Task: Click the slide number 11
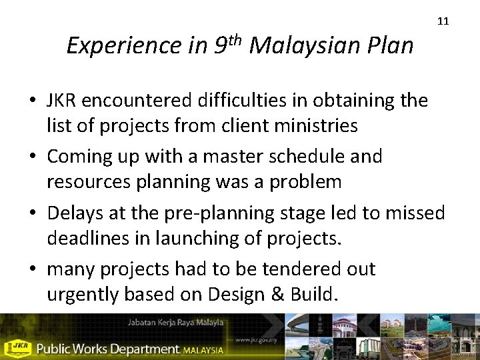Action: pyautogui.click(x=443, y=21)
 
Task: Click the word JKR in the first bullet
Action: pyautogui.click(x=62, y=101)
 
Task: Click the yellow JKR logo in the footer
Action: pyautogui.click(x=17, y=347)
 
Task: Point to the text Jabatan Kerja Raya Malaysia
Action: pyautogui.click(x=175, y=323)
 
